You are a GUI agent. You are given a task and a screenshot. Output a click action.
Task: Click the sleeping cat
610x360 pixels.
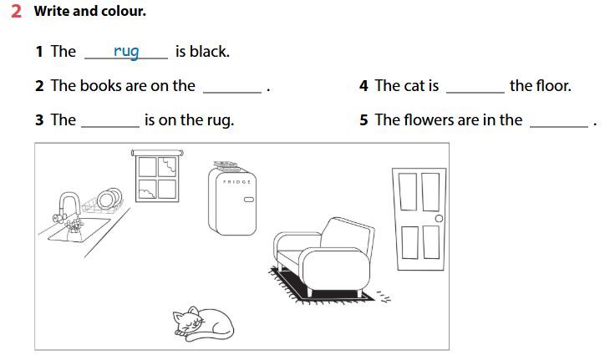(x=203, y=320)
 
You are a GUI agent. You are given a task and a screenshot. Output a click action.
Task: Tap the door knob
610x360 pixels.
(x=440, y=219)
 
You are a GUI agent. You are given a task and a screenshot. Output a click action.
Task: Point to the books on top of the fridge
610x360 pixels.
(x=225, y=165)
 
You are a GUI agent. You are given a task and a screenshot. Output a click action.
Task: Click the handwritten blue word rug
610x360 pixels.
(x=126, y=52)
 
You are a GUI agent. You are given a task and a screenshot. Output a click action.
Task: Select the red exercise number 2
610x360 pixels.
(x=16, y=12)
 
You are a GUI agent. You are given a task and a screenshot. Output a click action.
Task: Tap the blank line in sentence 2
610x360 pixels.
(x=232, y=91)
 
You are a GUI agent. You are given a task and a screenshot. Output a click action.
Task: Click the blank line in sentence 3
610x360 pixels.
(x=109, y=125)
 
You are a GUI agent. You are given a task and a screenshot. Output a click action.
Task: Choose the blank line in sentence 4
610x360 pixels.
(x=475, y=91)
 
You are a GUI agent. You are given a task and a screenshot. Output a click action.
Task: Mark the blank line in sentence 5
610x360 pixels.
(x=559, y=125)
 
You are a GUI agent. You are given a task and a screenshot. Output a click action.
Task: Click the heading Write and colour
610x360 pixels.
(x=89, y=12)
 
